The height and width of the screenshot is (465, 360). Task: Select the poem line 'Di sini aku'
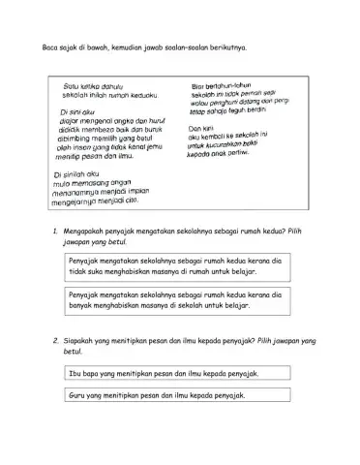pyautogui.click(x=69, y=112)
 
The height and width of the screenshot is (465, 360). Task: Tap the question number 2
pyautogui.click(x=60, y=340)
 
